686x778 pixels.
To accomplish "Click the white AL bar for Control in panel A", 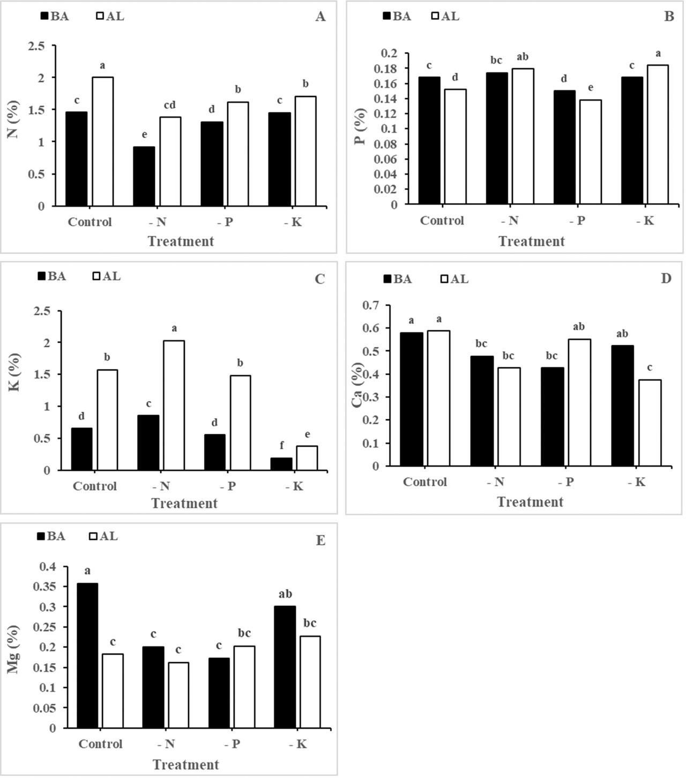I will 102,142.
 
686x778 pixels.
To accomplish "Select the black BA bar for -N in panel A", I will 144,176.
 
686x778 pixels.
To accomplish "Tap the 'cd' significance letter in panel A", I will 169,105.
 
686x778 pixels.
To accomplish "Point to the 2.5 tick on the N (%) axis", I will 36,47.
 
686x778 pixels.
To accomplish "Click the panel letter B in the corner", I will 669,17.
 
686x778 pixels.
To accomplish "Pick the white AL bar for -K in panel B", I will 657,135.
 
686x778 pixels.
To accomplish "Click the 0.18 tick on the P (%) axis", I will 389,69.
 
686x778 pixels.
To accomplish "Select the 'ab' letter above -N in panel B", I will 522,57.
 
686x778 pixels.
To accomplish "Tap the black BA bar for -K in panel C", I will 281,464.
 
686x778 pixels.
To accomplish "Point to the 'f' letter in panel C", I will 282,446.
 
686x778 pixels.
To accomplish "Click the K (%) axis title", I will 14,372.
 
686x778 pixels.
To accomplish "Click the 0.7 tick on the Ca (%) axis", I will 370,306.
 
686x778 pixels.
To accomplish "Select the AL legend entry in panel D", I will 454,279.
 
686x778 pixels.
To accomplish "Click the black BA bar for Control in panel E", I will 87,655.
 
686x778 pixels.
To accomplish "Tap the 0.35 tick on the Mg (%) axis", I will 44,587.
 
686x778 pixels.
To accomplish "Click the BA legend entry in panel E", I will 51,536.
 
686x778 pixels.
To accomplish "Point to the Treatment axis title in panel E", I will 185,765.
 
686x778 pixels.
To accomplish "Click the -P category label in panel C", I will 228,486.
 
